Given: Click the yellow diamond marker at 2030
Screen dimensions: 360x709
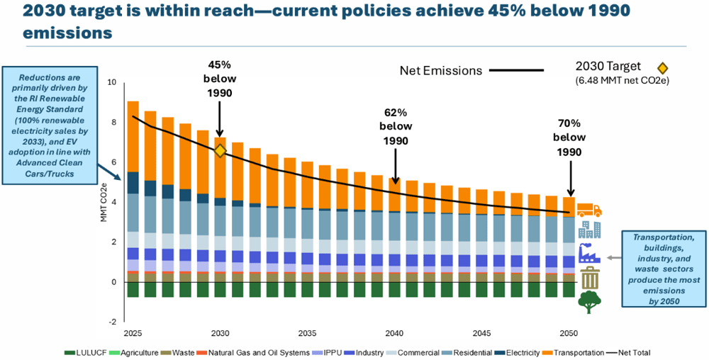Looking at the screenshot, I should tap(220, 151).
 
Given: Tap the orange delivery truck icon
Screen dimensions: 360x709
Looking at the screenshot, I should tap(589, 210).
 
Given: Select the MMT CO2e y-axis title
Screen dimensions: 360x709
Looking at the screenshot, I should tap(104, 202).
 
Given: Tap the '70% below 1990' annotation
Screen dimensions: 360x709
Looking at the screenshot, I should tap(568, 138).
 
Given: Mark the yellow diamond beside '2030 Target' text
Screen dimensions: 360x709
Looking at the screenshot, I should tap(662, 68).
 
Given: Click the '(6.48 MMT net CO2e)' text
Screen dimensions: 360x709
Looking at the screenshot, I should tap(624, 81).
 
